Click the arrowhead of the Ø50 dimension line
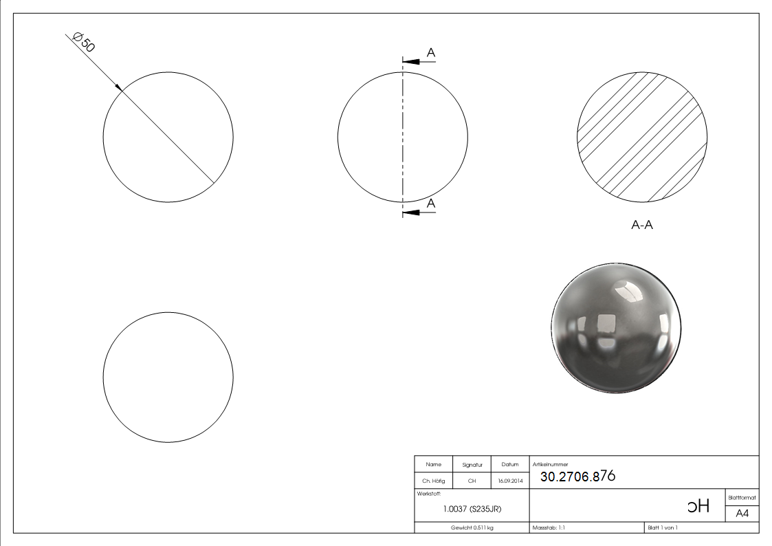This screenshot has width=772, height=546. (x=119, y=87)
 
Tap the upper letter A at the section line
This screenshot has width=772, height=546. (x=431, y=52)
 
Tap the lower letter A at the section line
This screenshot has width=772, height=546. (x=431, y=203)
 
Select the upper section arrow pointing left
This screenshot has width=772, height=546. (x=412, y=62)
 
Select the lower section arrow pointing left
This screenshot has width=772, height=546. (x=412, y=212)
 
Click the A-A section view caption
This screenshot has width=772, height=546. (x=642, y=225)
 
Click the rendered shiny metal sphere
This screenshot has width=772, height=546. (x=616, y=327)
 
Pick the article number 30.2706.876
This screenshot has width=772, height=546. (x=577, y=477)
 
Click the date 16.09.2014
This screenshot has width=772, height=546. (x=510, y=481)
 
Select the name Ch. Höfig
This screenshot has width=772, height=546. (x=434, y=481)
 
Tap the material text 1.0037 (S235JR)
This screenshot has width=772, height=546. (x=472, y=510)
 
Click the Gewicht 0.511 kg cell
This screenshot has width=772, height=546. (x=472, y=527)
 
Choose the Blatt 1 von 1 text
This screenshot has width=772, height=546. (x=663, y=527)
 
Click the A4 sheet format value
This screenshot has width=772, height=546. (x=742, y=514)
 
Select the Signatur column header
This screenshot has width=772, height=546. (x=472, y=465)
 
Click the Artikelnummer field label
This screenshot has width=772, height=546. (x=550, y=464)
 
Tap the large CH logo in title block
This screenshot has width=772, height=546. (x=698, y=507)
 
